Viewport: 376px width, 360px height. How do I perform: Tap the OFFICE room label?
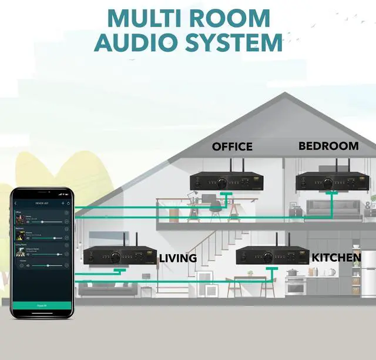pos(232,146)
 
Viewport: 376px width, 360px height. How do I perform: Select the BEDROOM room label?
pos(328,145)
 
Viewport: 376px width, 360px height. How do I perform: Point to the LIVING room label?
pos(177,258)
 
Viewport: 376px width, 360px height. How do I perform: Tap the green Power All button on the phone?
pos(41,305)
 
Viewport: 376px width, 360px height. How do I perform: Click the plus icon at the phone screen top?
pos(62,203)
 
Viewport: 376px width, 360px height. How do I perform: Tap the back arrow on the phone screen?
pos(16,203)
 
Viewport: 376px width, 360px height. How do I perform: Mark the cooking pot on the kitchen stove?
pos(292,272)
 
